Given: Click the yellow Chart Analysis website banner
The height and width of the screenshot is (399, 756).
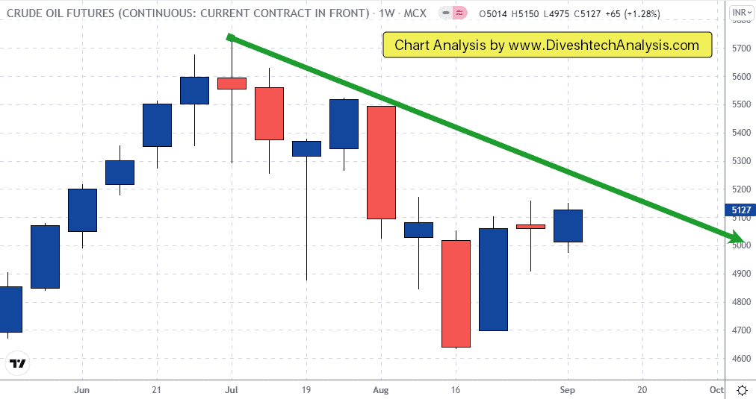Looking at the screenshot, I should (x=547, y=45).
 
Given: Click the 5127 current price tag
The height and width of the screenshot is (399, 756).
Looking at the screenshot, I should (x=740, y=210).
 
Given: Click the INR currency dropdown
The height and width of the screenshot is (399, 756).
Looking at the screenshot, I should (x=741, y=13).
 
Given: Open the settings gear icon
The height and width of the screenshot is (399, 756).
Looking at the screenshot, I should (x=742, y=390).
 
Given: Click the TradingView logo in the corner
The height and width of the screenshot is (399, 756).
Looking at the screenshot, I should (x=17, y=364).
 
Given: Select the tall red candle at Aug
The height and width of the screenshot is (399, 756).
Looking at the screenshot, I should (x=381, y=162).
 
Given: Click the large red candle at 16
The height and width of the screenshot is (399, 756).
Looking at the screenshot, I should (x=456, y=293).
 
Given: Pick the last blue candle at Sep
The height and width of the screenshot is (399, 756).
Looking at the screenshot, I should (x=568, y=226).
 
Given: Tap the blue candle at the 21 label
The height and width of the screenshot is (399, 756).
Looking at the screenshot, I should (x=157, y=125).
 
